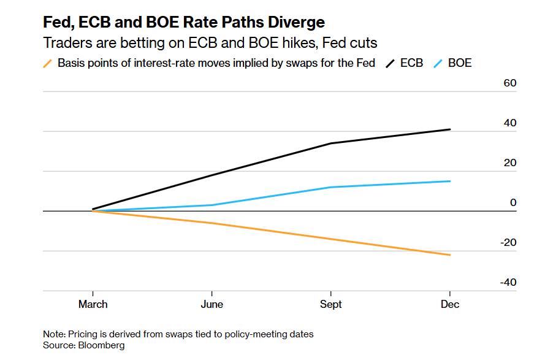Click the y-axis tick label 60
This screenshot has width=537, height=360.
[510, 83]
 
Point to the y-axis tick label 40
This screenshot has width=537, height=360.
[510, 123]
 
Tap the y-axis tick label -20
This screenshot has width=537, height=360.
[508, 242]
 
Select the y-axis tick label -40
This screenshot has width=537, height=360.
[508, 282]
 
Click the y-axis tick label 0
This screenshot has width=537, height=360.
[513, 202]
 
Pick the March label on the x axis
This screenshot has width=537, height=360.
[93, 304]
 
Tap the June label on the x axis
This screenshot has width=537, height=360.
[212, 304]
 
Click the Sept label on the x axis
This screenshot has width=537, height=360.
[331, 304]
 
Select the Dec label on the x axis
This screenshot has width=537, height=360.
[450, 304]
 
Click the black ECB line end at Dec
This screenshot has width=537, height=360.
[450, 129]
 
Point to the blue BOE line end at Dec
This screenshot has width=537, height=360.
[450, 181]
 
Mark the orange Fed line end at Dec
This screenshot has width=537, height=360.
[450, 255]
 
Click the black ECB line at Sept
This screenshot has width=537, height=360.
[331, 144]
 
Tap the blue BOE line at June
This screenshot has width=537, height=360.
[212, 205]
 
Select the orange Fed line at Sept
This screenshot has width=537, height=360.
[331, 239]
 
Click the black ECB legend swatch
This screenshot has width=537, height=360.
[390, 63]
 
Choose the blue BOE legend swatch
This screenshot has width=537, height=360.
[438, 63]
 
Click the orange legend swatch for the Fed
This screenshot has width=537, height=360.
[48, 63]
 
